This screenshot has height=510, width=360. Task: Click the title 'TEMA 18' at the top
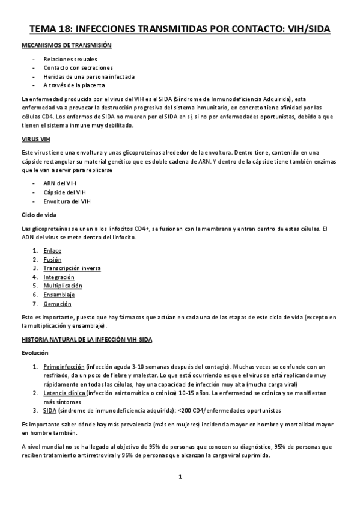click(x=49, y=29)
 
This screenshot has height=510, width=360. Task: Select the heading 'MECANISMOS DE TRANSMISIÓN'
click(x=66, y=46)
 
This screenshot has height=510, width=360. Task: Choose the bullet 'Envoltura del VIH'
click(x=67, y=201)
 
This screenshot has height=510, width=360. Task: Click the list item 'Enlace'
click(x=52, y=250)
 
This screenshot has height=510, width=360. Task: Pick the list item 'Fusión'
click(x=52, y=259)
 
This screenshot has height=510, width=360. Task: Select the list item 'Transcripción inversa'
click(x=72, y=268)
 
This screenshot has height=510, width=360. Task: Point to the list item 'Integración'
click(x=59, y=277)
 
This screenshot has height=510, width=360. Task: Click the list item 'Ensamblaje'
click(x=59, y=295)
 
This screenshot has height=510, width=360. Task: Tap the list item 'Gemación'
click(x=56, y=304)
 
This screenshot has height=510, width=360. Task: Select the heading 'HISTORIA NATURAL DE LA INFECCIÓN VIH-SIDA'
click(x=87, y=340)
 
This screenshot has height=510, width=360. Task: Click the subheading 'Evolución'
click(x=34, y=353)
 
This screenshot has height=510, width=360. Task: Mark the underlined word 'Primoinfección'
click(x=63, y=367)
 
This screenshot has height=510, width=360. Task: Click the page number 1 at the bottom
click(x=180, y=476)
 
